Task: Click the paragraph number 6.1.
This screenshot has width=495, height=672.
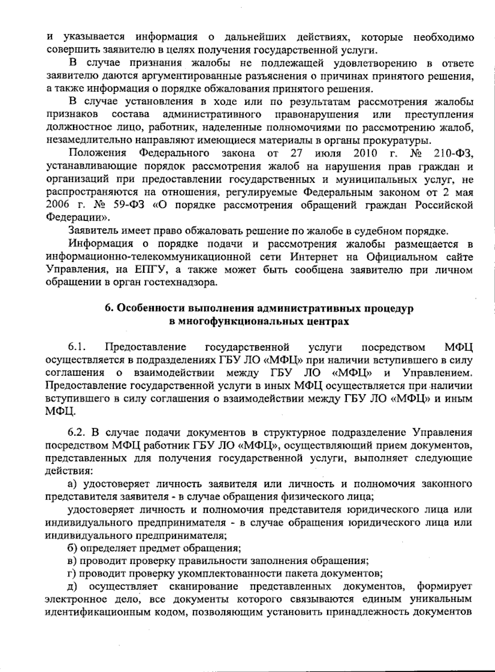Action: click(77, 347)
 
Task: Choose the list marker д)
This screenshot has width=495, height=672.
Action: click(73, 586)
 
